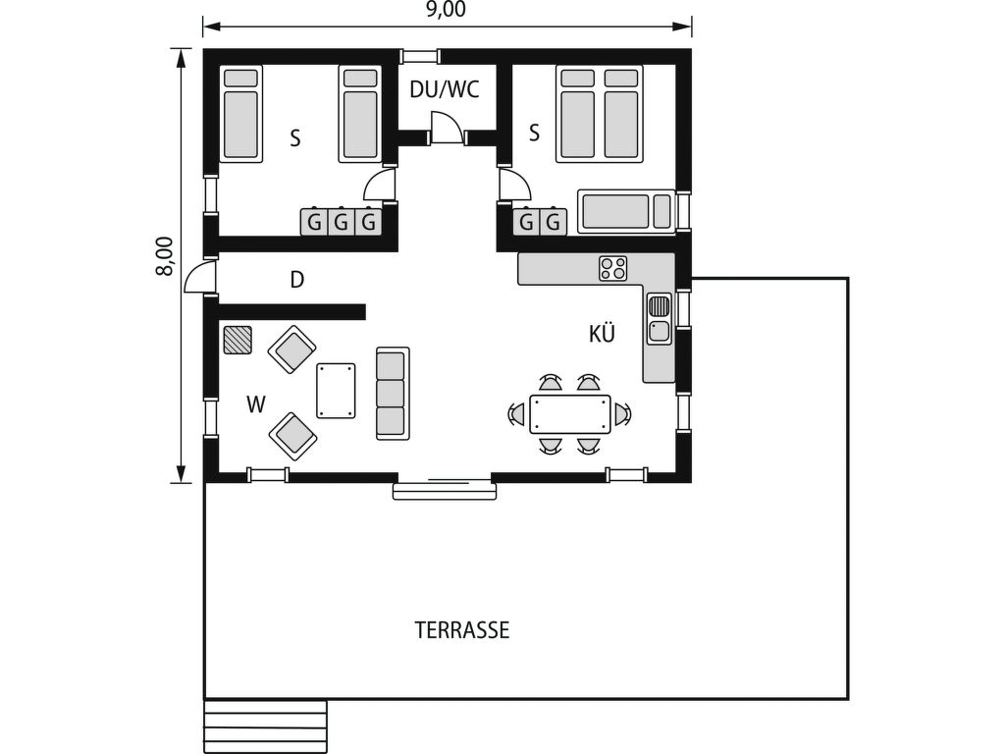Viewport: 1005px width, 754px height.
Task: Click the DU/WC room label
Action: coord(445,89)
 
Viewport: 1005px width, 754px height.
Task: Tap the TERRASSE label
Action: coord(462,630)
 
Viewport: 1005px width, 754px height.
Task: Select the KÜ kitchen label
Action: coord(602,333)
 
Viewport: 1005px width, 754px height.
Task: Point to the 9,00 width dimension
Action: coord(447,10)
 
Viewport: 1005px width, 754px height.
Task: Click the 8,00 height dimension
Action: coord(165,256)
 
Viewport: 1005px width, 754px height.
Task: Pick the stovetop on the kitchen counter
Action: coord(612,268)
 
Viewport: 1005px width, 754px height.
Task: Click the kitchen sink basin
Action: coord(659,332)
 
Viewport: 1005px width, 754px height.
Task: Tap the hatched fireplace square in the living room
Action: coord(238,340)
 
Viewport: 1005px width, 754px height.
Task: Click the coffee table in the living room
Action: coord(336,391)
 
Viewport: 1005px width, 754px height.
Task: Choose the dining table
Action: coord(570,414)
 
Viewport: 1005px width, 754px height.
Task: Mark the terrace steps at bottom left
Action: coord(265,727)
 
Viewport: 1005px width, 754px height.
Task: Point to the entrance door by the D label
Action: coord(200,276)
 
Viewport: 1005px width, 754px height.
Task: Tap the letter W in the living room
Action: coord(256,404)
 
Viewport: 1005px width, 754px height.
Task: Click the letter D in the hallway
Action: coord(296,280)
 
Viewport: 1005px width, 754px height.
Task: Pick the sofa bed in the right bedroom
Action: coord(626,211)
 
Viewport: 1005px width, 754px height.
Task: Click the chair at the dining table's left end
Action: coord(516,414)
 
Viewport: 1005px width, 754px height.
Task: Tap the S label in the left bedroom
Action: coord(294,137)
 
